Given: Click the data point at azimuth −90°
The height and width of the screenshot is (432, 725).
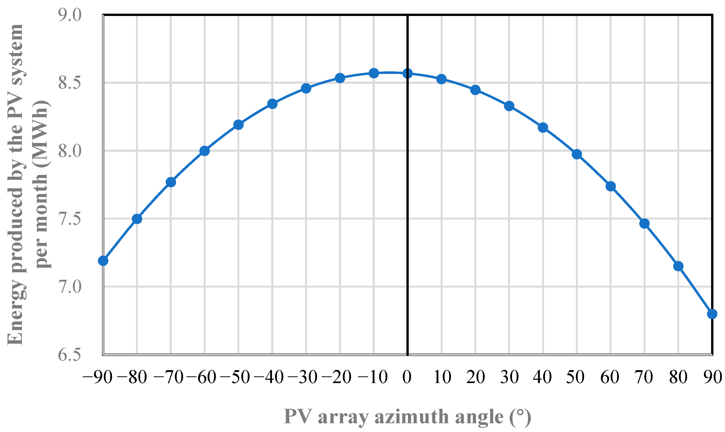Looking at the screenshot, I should pos(103,260).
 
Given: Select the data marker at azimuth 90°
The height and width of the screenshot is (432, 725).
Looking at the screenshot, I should pos(712,314).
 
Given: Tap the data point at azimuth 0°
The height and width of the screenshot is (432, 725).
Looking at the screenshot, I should pos(407,73).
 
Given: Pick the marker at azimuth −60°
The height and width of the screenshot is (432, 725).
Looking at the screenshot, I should pos(204,151).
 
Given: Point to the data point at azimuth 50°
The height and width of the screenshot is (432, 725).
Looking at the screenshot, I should pos(577,154).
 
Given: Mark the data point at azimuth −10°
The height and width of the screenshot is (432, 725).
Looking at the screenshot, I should pos(374,73).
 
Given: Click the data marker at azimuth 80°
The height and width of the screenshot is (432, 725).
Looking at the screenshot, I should pos(678,266).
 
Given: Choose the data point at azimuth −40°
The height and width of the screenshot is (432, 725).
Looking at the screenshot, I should pos(272,104).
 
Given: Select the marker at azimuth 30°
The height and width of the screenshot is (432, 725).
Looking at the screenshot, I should pos(509,106).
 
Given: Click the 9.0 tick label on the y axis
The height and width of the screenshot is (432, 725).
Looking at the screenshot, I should pos(70,15).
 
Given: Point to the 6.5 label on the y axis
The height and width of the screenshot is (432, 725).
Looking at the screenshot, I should pos(70,355).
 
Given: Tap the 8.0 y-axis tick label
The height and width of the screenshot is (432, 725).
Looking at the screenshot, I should pos(70,151).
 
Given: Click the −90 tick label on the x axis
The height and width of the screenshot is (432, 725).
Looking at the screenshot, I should pos(98,378).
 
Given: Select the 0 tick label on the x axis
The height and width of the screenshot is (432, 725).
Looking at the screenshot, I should pos(407,378).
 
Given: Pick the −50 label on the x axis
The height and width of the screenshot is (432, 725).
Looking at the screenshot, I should pos(235,378).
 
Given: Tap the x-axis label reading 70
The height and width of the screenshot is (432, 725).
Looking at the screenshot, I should pos(644,378).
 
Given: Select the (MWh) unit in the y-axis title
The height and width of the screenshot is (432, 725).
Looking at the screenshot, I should pos(42,137).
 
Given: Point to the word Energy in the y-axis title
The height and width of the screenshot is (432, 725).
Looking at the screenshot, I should pos(15,314).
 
